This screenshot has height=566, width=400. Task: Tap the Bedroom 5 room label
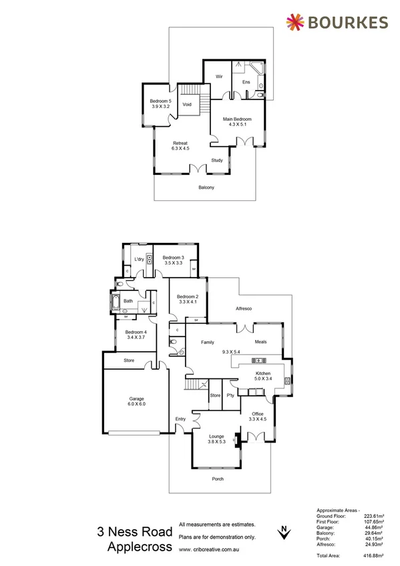(160, 101)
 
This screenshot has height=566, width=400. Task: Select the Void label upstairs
(187, 105)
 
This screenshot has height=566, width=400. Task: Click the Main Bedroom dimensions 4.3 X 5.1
(237, 124)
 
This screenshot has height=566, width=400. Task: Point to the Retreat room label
(180, 143)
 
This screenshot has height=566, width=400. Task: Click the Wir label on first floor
(218, 77)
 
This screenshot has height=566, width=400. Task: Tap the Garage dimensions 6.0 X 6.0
(136, 404)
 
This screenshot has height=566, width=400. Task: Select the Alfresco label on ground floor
(242, 308)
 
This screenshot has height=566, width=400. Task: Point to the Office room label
(257, 414)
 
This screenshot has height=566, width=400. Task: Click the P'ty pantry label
(230, 396)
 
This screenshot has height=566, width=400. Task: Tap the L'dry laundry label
(139, 259)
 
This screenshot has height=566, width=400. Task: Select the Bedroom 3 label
(174, 257)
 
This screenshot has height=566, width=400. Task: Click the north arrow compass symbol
(285, 531)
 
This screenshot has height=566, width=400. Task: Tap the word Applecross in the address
(140, 547)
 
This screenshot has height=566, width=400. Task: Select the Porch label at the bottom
(217, 479)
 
